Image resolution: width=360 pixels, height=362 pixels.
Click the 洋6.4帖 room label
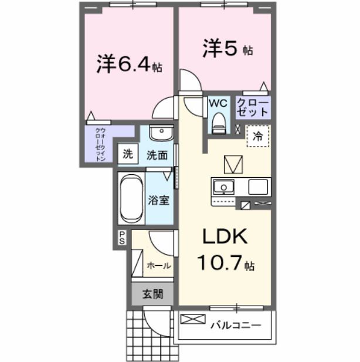[x=130, y=64]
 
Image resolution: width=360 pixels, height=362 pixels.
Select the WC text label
[x=218, y=103]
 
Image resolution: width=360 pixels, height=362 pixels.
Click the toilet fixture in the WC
[x=218, y=122]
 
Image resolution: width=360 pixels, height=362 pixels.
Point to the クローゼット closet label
[x=253, y=107]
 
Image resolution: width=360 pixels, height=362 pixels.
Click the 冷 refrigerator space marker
[x=258, y=136]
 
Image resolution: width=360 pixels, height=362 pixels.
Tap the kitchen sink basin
[x=223, y=187]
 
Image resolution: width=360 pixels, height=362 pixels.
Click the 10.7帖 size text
[x=226, y=263]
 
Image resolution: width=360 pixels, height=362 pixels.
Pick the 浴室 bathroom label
[x=158, y=199]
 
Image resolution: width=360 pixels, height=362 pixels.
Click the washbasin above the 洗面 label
[x=158, y=133]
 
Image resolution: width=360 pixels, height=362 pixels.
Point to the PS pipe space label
[x=123, y=237]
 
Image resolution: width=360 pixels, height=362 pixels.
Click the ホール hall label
[x=158, y=265]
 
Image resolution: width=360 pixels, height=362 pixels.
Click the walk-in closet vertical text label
[x=100, y=144]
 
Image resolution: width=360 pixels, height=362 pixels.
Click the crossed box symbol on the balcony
[x=191, y=320]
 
